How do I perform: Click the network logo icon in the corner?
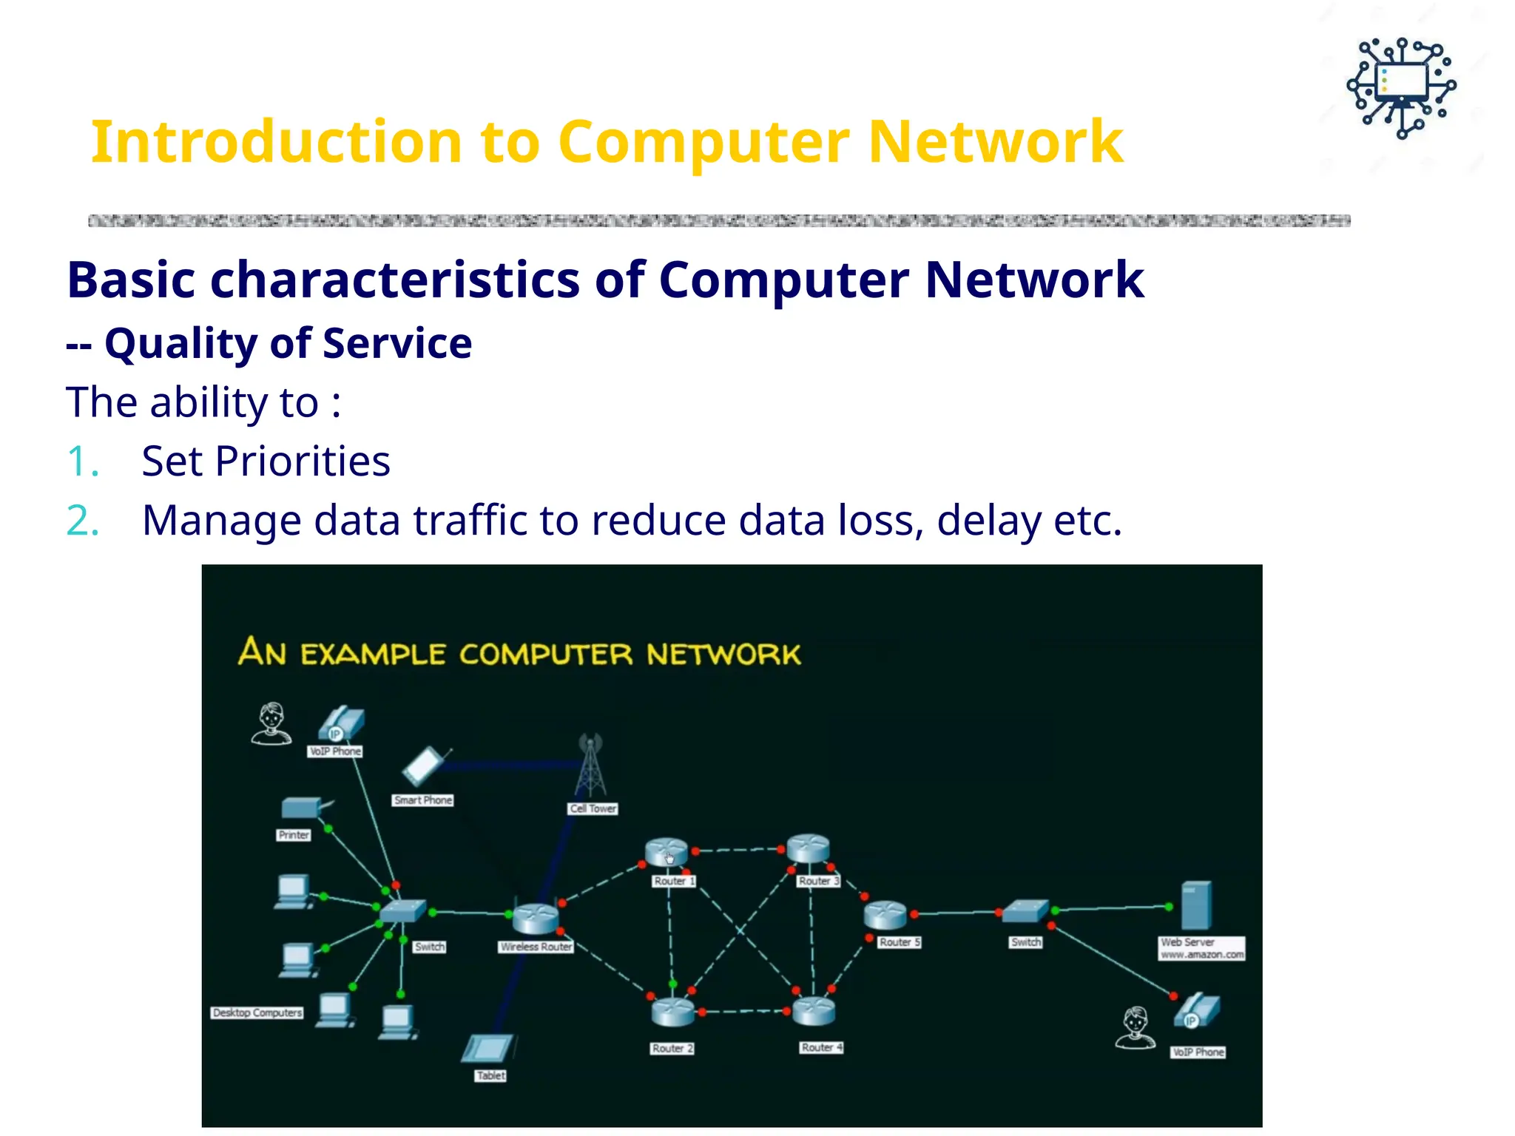[x=1401, y=88]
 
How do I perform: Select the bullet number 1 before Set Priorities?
[x=81, y=462]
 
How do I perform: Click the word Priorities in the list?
[x=303, y=462]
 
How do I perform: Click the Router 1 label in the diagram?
[x=674, y=881]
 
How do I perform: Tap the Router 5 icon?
[x=885, y=915]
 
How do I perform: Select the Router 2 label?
[x=672, y=1048]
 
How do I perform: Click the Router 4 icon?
[x=814, y=1010]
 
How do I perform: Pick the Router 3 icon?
[x=808, y=848]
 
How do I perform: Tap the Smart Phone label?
[x=422, y=800]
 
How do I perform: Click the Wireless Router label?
[x=536, y=947]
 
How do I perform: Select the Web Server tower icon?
[x=1196, y=905]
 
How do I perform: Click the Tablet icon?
[x=487, y=1048]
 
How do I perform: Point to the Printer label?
[x=294, y=835]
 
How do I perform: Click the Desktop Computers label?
[x=257, y=1012]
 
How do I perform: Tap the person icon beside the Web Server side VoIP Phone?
[x=1136, y=1027]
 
